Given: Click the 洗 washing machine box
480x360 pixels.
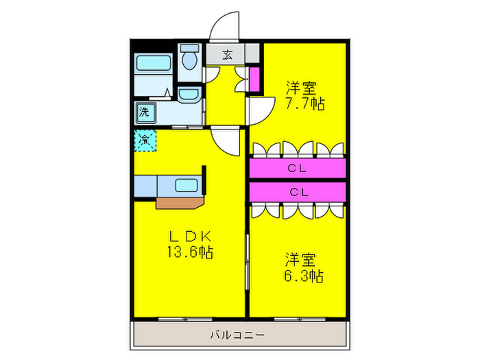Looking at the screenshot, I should (145, 110).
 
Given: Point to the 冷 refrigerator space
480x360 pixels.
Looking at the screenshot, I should (145, 140).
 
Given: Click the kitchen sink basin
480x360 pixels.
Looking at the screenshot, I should (186, 184).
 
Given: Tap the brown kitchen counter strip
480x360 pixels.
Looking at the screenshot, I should (180, 202).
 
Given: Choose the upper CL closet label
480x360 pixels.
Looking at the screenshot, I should (297, 168).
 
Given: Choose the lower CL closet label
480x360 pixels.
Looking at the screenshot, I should (297, 192).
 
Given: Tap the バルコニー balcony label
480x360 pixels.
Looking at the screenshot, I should (239, 335).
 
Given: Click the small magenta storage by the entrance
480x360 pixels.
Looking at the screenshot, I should (254, 80).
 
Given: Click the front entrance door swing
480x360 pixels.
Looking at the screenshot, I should (225, 27).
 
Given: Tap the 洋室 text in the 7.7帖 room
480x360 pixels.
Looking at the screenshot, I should (301, 88).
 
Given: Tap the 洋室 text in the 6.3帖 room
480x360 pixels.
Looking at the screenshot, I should (301, 260).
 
